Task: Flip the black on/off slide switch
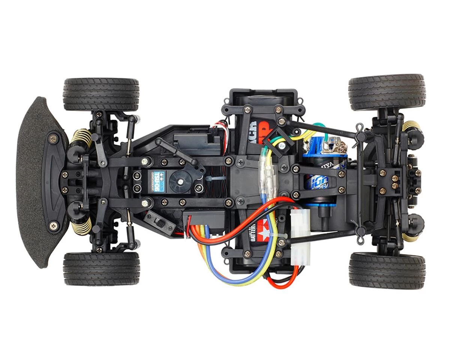(x=160, y=224)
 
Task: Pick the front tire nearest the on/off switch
(x=101, y=268)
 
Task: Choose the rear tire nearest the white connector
(x=387, y=270)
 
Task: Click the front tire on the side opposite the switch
(x=101, y=94)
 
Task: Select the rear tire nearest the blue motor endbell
(x=387, y=92)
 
